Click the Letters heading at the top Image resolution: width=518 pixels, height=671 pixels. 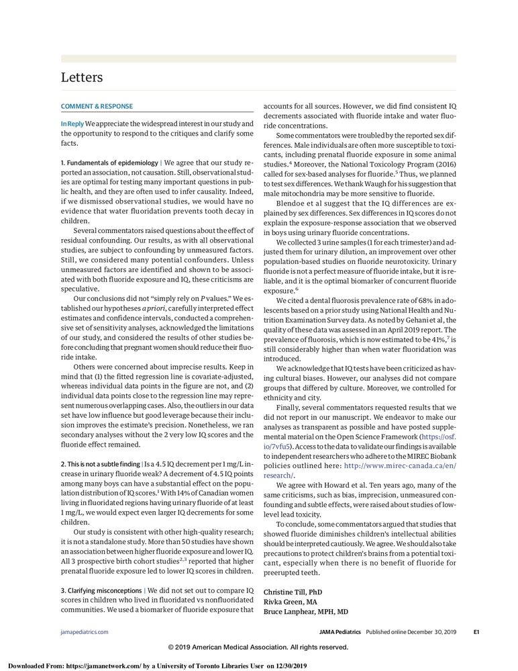[82, 77]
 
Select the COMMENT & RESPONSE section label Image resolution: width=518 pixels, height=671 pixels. [97, 106]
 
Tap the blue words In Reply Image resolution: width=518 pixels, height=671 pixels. [72, 124]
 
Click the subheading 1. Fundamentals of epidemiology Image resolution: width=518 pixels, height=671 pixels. [109, 163]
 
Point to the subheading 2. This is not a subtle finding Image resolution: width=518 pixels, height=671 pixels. [110, 463]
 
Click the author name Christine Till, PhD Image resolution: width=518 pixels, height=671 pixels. [293, 592]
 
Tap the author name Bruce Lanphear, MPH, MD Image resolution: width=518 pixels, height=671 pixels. [305, 612]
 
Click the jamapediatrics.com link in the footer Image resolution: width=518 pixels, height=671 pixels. [85, 632]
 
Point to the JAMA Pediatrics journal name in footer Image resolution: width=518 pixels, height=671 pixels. [340, 632]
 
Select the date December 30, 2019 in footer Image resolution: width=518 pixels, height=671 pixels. [429, 632]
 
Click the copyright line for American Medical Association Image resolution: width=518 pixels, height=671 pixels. [258, 647]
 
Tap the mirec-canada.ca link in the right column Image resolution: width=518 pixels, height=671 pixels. [399, 465]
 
